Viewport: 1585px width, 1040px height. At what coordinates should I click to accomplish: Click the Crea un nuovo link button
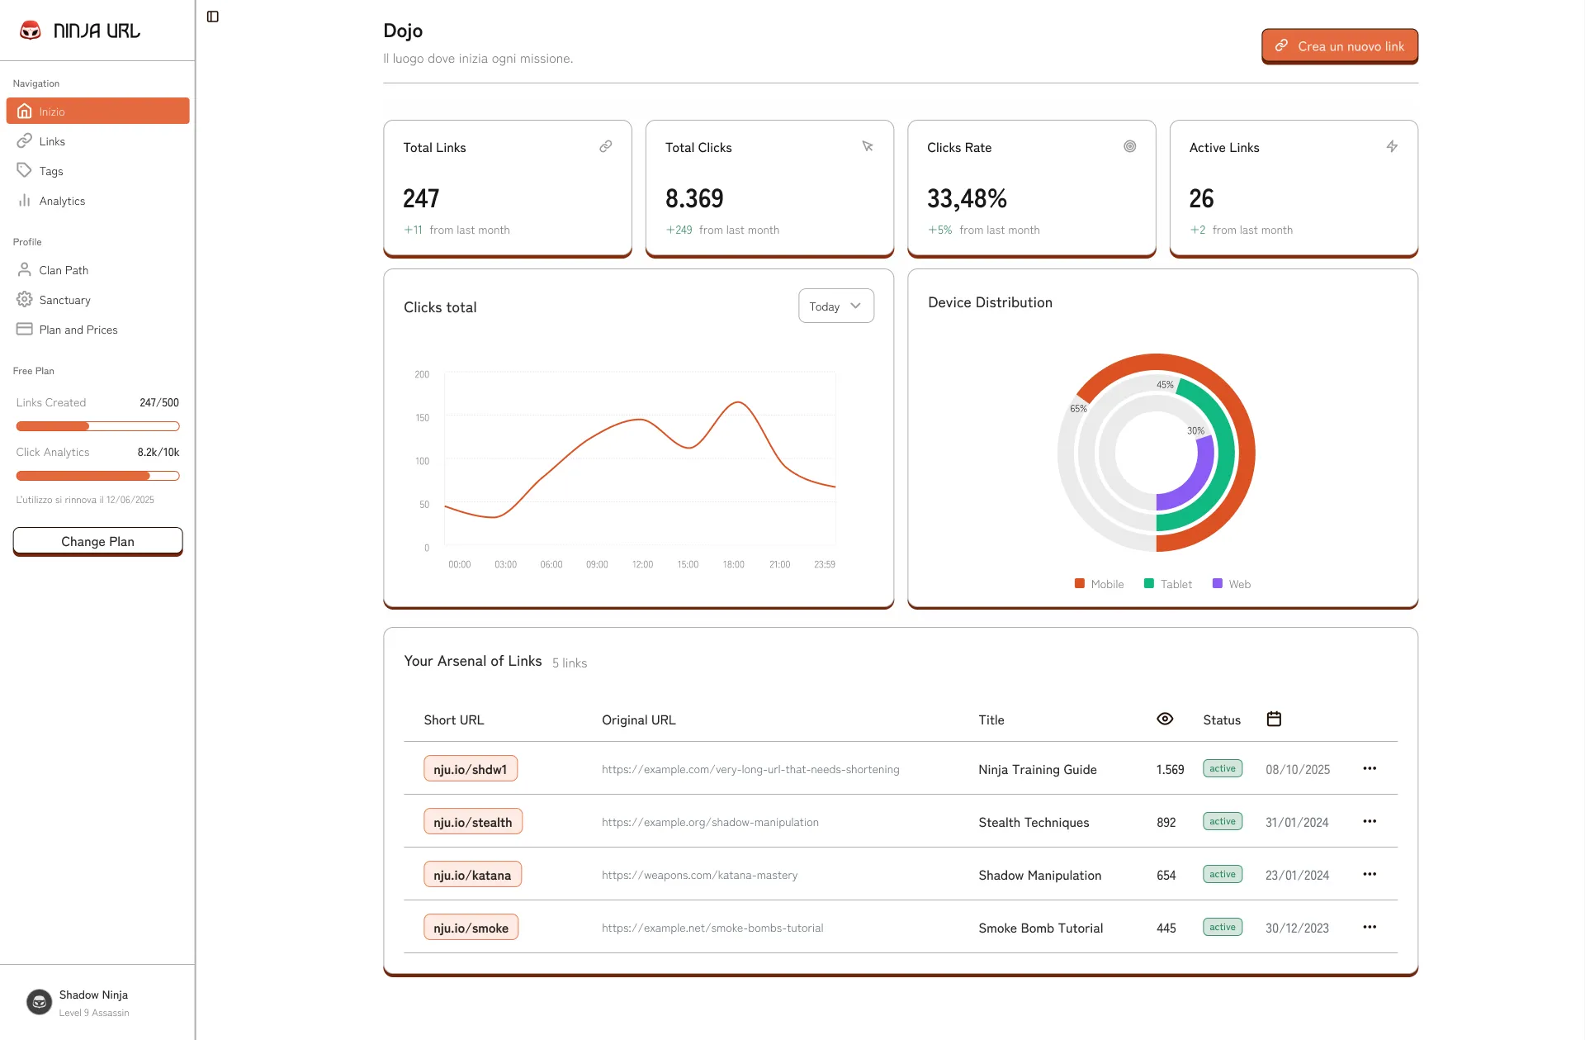pyautogui.click(x=1339, y=46)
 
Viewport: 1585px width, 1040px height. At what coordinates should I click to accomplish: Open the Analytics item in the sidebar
pyautogui.click(x=62, y=201)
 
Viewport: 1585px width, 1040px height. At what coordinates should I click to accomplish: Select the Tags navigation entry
pyautogui.click(x=50, y=171)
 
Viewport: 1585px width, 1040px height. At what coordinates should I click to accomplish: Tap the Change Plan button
pyautogui.click(x=97, y=541)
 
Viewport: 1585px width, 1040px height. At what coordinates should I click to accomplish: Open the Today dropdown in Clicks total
pyautogui.click(x=835, y=306)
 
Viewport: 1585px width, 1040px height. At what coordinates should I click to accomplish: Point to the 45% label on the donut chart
pyautogui.click(x=1165, y=385)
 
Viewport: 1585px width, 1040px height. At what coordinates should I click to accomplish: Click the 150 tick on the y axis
pyautogui.click(x=422, y=418)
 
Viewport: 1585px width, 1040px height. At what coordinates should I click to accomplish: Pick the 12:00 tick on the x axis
pyautogui.click(x=642, y=565)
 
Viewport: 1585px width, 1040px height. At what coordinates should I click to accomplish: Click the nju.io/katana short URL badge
pyautogui.click(x=472, y=875)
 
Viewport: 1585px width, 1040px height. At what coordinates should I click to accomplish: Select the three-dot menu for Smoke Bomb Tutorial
pyautogui.click(x=1370, y=927)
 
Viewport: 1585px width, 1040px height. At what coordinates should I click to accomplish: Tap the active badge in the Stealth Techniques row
pyautogui.click(x=1222, y=821)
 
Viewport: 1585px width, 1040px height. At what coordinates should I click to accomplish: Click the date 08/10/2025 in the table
pyautogui.click(x=1297, y=769)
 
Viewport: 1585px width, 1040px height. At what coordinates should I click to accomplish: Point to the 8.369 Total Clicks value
pyautogui.click(x=694, y=199)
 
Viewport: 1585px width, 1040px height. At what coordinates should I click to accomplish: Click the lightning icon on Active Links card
pyautogui.click(x=1392, y=146)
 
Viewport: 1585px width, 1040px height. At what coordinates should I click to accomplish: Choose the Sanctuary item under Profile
pyautogui.click(x=64, y=300)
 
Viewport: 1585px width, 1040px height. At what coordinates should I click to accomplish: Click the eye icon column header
pyautogui.click(x=1165, y=719)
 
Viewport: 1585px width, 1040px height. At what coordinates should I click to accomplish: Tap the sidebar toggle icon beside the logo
pyautogui.click(x=213, y=17)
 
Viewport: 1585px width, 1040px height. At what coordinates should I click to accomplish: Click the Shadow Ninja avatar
pyautogui.click(x=39, y=1002)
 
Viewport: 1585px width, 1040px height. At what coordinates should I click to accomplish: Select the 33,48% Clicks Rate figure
pyautogui.click(x=967, y=199)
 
